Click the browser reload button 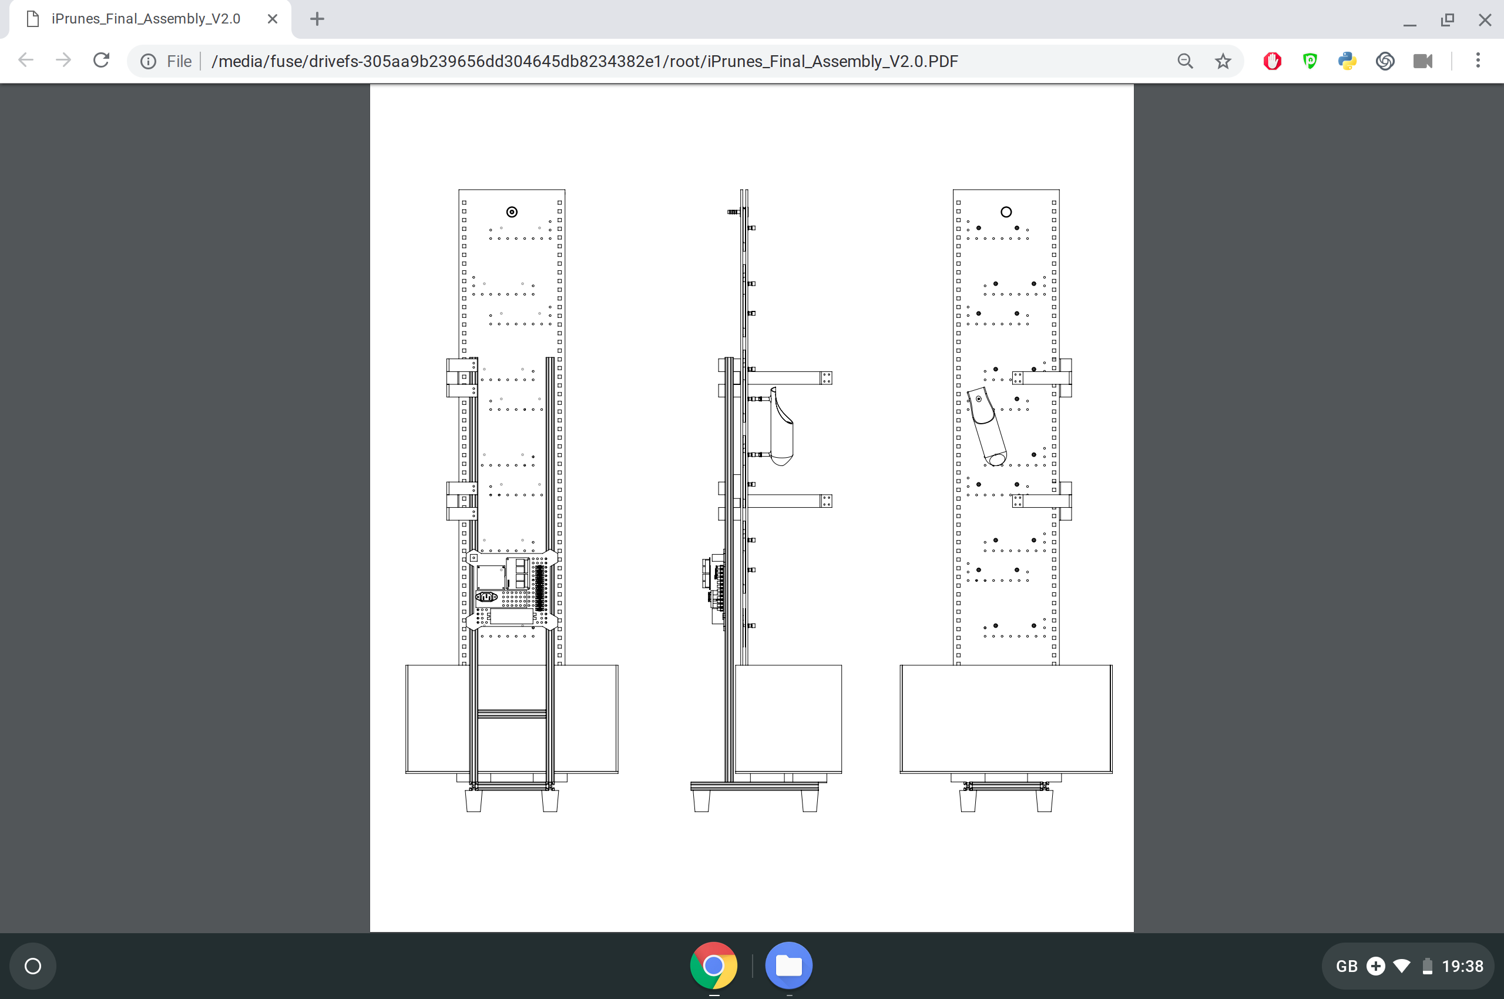(x=101, y=61)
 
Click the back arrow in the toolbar (x=26, y=61)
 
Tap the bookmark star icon (x=1223, y=61)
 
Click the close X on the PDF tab (x=273, y=19)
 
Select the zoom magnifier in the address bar (x=1185, y=61)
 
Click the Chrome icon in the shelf (x=713, y=966)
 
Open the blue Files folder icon (x=788, y=966)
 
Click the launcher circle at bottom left (x=33, y=967)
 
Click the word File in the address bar (x=179, y=61)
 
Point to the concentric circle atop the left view (x=512, y=212)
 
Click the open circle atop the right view (x=1006, y=212)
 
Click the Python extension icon (x=1347, y=61)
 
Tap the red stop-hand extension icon (x=1272, y=61)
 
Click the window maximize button (x=1447, y=20)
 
